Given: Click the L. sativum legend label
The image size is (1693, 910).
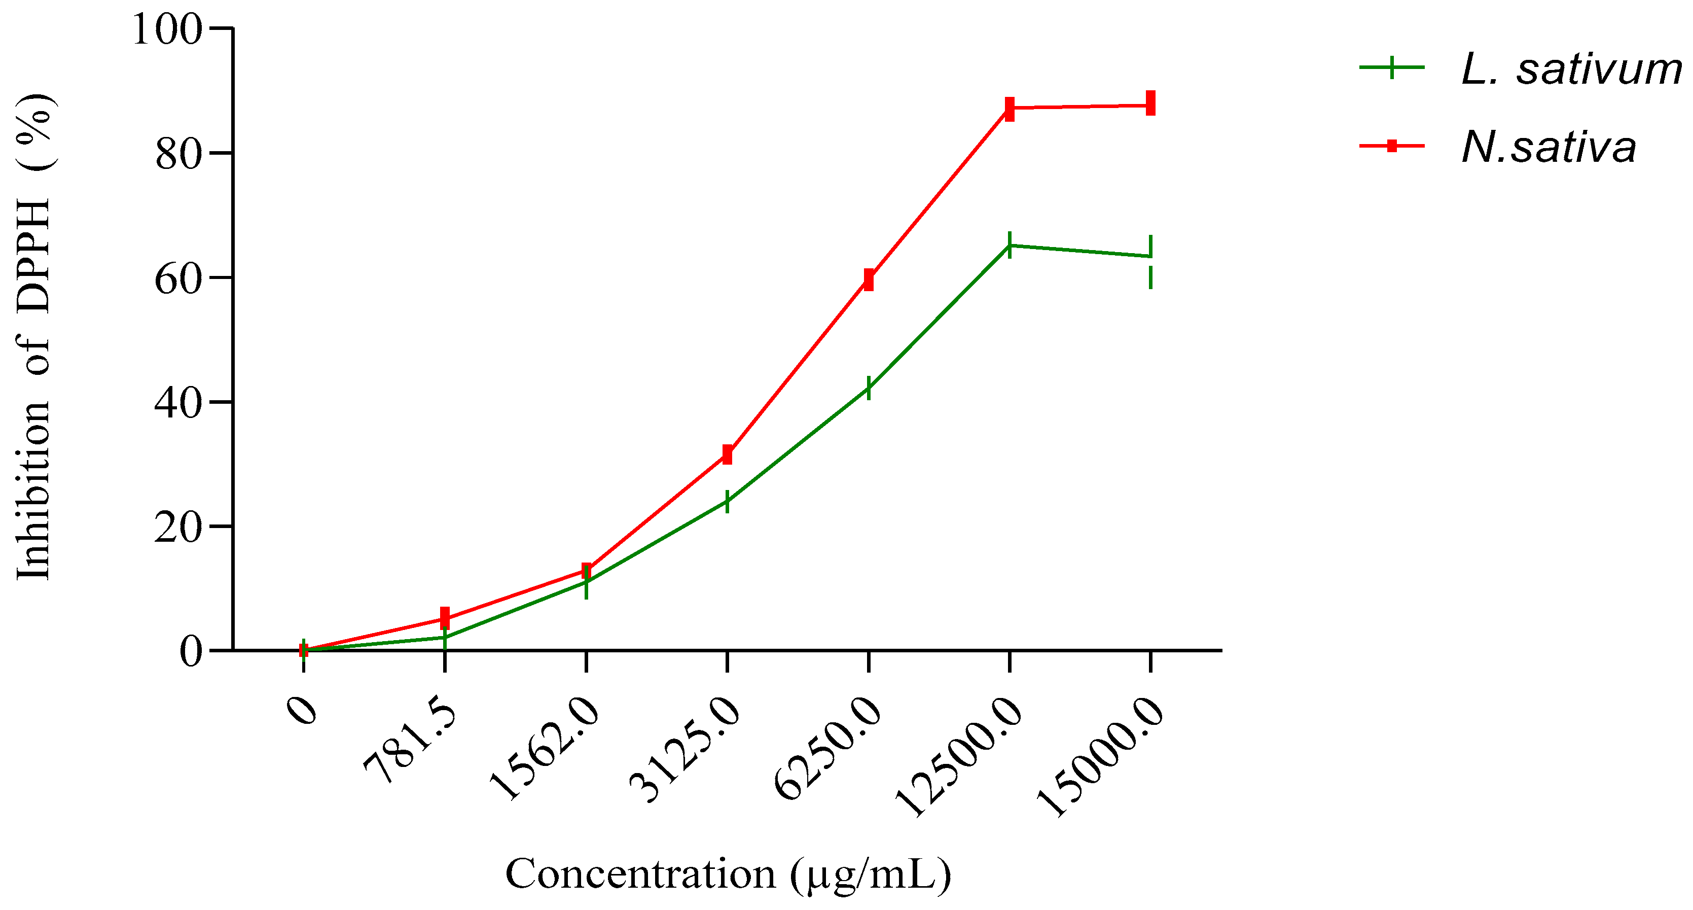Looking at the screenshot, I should coord(1571,68).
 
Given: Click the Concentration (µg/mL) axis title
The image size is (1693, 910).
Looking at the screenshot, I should coord(728,875).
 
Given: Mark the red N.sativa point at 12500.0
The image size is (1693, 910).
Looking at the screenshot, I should coord(1010,109).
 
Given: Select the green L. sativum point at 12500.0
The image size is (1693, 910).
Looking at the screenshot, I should coord(1010,245).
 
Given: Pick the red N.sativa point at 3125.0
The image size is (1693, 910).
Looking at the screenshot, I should coord(727,453).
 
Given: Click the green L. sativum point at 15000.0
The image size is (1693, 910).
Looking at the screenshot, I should coord(1150,256).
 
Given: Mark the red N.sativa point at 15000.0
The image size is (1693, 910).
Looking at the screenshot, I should coord(1150,104).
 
